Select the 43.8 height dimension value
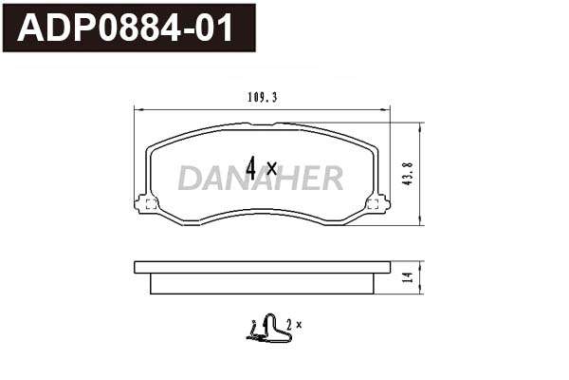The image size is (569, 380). (x=407, y=173)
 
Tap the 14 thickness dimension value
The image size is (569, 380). (x=407, y=278)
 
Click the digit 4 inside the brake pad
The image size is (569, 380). (x=251, y=168)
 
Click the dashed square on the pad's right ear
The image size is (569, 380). (x=373, y=202)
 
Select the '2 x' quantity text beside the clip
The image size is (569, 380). (x=292, y=325)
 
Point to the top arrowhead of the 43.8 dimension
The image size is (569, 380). (x=420, y=124)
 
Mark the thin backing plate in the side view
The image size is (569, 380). (x=261, y=267)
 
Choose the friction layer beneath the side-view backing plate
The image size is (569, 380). (x=261, y=283)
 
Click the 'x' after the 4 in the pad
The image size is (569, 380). (x=271, y=169)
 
